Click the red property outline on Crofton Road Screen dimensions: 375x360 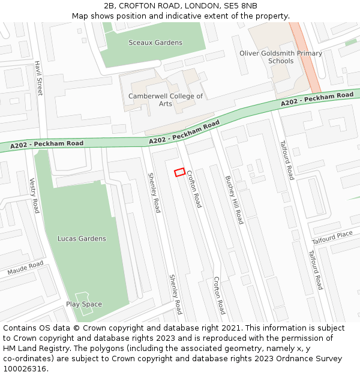point(179,172)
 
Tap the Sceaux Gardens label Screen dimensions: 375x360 point(155,43)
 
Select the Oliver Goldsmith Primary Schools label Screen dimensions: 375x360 point(281,57)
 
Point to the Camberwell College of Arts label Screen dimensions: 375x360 point(166,100)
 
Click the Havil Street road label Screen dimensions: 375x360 point(39,78)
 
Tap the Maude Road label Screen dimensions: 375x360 point(25,268)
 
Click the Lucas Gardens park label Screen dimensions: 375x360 point(82,238)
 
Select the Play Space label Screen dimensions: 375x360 point(84,304)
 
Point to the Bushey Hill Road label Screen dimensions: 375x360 point(234,199)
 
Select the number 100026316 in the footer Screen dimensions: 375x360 point(24,368)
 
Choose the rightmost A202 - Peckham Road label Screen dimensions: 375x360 point(317,100)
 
